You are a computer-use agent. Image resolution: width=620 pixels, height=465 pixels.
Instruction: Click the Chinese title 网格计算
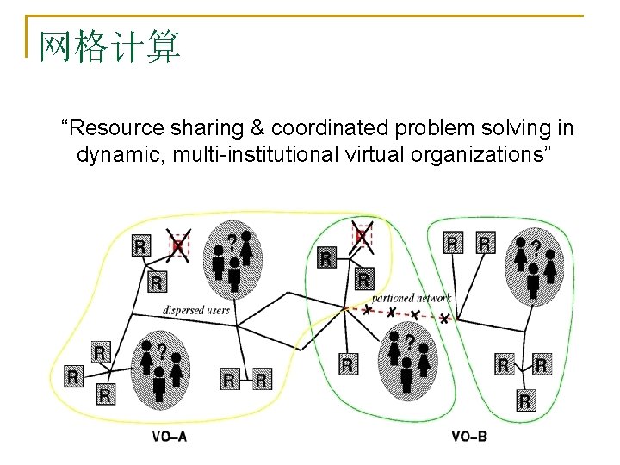point(109,46)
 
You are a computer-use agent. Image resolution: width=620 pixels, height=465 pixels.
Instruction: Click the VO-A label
point(169,437)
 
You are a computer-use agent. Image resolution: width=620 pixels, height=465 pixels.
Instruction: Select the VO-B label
point(468,437)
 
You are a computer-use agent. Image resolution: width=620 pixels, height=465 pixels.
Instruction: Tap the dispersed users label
point(197,309)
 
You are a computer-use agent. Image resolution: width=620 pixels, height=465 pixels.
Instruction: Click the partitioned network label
point(412,298)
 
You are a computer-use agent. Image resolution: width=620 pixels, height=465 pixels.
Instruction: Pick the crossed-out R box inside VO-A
point(178,245)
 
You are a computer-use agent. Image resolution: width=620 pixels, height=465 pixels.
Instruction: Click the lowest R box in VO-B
point(524,400)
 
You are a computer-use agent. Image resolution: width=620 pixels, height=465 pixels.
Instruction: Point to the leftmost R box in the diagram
point(72,376)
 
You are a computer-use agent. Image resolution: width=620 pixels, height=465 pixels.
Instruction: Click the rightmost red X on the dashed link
point(444,319)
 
